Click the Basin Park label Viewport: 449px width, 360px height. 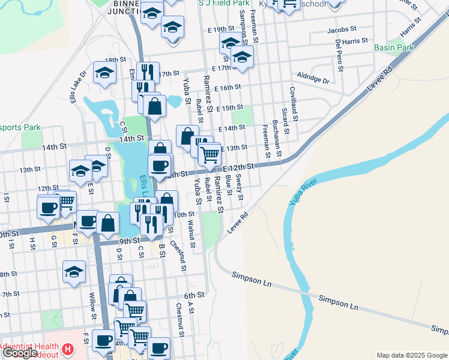[x=394, y=47]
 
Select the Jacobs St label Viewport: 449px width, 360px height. [x=342, y=29]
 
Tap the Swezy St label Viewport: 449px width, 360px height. [x=240, y=187]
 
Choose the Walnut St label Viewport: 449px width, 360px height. [x=191, y=233]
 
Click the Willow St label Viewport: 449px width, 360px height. [x=93, y=307]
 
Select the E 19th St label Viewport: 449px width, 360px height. [x=219, y=29]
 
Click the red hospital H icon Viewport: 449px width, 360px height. [x=68, y=349]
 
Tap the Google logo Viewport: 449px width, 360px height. [x=20, y=353]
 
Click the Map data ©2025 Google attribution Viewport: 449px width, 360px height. [x=412, y=355]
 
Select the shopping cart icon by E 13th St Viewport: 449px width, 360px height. [x=209, y=155]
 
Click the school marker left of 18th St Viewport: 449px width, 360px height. [x=105, y=73]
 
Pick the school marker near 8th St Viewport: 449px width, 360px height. [x=74, y=272]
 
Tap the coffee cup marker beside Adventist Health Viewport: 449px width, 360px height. [x=103, y=341]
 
